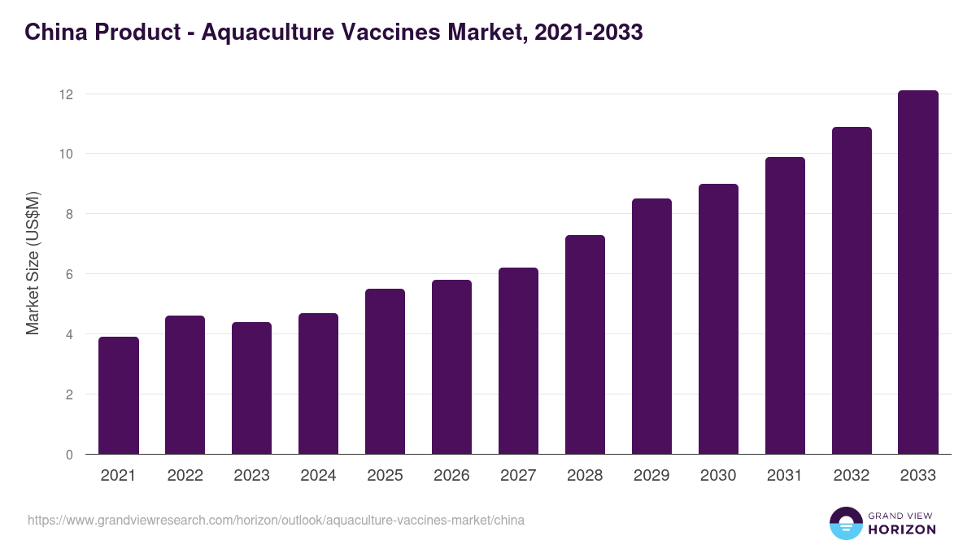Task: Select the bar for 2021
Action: (x=119, y=395)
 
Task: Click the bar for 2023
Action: (x=252, y=388)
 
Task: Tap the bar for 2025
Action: (x=386, y=372)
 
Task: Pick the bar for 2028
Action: (x=586, y=345)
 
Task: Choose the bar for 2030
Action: (x=719, y=319)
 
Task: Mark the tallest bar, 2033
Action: (x=918, y=272)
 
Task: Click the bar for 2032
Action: (x=852, y=290)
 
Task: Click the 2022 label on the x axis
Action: (x=185, y=476)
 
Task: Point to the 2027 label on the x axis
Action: (x=519, y=476)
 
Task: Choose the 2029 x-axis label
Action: (x=652, y=476)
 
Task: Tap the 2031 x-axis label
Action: (x=786, y=476)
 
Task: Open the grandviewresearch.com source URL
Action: (x=276, y=521)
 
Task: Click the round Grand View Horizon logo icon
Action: (x=846, y=524)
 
